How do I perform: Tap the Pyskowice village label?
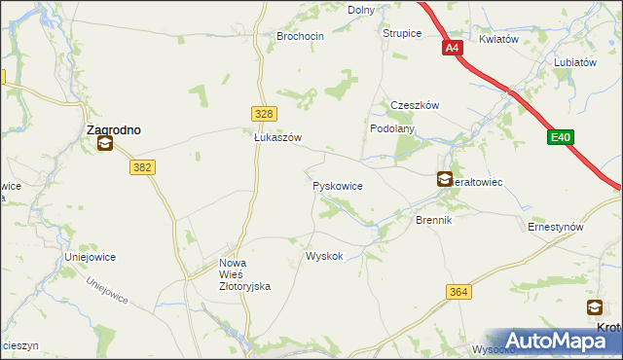click(x=338, y=185)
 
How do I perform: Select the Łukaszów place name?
click(x=277, y=138)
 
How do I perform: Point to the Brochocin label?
click(x=299, y=36)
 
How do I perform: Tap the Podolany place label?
click(x=393, y=127)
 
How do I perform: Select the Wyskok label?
click(x=324, y=256)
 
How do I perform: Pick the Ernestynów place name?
click(x=555, y=227)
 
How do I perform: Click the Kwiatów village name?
click(x=500, y=40)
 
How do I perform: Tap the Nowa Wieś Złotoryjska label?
click(x=244, y=274)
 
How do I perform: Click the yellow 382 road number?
click(x=142, y=167)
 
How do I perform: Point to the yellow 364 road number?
click(x=459, y=292)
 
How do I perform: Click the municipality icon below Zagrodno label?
click(x=104, y=145)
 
